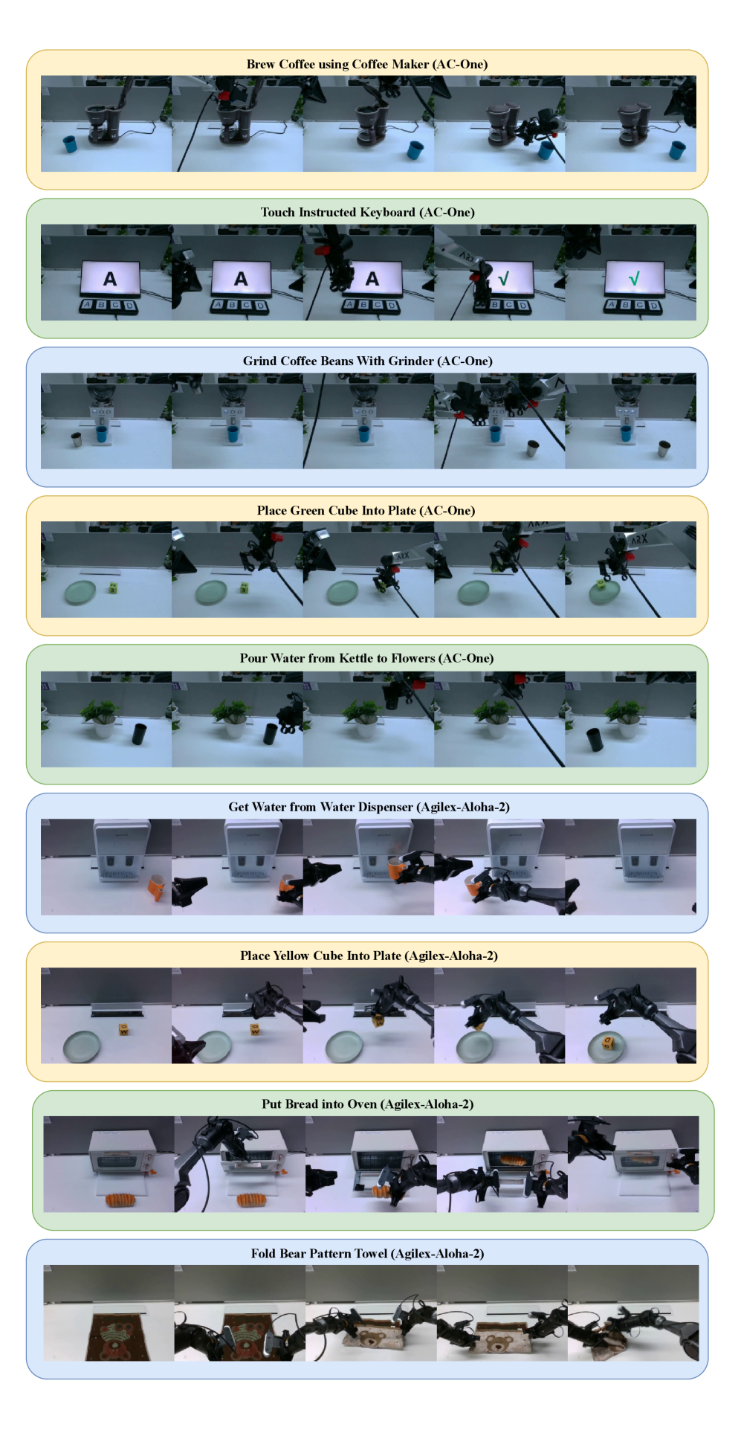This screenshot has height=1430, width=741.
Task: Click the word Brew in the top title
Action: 261,65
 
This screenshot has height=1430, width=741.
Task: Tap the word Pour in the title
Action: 253,659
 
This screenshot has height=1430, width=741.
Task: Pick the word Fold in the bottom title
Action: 264,1254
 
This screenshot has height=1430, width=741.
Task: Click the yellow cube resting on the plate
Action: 608,1043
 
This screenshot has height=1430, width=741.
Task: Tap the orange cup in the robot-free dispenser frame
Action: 156,887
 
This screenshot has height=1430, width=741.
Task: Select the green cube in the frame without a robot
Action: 112,588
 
